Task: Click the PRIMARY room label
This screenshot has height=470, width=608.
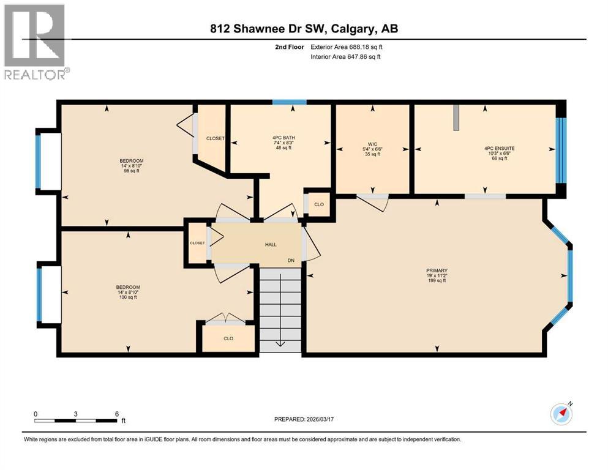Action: tap(437, 270)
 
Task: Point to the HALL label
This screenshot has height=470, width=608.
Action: tap(271, 245)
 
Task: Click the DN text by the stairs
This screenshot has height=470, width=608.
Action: tap(292, 260)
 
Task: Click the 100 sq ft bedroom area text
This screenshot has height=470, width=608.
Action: tap(129, 297)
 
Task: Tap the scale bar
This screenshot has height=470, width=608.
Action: tap(76, 420)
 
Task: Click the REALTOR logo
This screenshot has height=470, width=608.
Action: tap(36, 42)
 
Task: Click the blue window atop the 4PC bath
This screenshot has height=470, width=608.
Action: tap(289, 102)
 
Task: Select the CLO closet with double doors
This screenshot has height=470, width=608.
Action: tap(228, 338)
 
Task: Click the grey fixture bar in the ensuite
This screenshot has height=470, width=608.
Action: tap(456, 116)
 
